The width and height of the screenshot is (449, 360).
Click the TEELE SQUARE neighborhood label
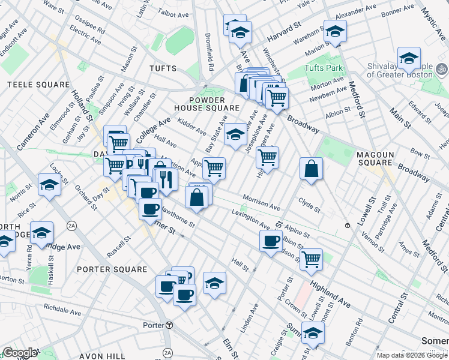tap(37, 85)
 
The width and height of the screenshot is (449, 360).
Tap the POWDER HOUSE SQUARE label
tap(202, 104)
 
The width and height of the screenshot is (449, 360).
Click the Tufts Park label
tap(323, 68)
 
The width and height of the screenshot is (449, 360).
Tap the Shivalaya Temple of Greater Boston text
tap(400, 71)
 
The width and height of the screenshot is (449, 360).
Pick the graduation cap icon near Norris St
tap(49, 185)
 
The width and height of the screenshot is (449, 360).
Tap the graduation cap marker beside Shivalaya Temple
tap(409, 58)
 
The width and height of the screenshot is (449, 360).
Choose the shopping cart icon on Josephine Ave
tap(267, 157)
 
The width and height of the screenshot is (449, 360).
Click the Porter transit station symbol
tap(169, 325)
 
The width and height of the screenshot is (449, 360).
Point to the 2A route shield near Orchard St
tap(73, 226)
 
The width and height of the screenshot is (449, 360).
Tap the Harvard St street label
tap(288, 28)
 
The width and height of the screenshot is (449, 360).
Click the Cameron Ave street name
tap(33, 133)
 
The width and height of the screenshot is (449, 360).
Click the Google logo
tap(19, 353)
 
